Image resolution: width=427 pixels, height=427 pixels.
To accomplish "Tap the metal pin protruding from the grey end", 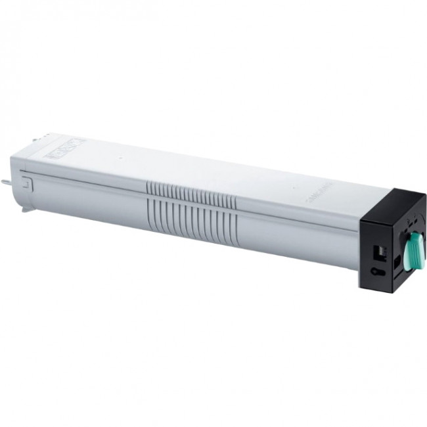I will tap(6, 182).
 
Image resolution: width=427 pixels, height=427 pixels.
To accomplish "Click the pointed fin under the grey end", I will tap(26, 210).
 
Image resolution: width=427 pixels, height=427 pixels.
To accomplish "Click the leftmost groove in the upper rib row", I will tap(148, 188).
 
